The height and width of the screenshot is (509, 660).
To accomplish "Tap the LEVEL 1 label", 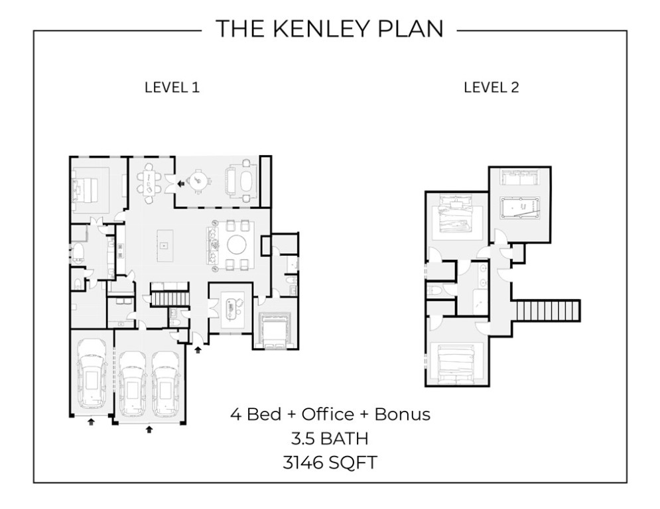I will pos(172,87).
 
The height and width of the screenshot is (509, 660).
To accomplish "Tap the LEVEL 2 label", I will pos(491,87).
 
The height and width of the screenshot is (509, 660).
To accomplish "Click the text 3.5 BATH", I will pos(330,438).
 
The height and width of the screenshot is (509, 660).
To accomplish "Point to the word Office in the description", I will pos(327,415).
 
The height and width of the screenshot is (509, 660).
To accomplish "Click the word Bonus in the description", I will pos(403,415).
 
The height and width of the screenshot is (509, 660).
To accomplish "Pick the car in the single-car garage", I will pos(91,374).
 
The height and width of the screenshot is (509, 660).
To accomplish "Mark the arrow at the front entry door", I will pos(198,350).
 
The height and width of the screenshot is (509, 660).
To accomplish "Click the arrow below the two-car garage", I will pos(149,429).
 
